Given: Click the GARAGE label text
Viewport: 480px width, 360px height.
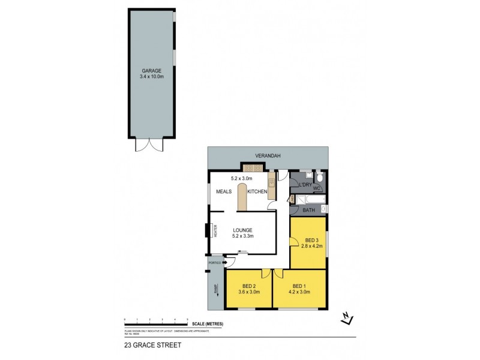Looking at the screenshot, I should [152, 71].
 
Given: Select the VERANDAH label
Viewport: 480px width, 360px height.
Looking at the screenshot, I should [268, 155].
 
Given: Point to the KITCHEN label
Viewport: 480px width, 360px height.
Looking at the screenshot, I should [257, 191].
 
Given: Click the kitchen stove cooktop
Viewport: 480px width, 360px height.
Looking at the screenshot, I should [248, 168].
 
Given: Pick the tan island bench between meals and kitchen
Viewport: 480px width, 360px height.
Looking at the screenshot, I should [242, 198].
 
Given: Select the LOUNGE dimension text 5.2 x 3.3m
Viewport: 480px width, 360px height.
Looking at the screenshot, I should [243, 236].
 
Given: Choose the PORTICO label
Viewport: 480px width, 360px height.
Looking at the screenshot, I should [215, 263].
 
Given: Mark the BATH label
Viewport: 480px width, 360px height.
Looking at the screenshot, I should [308, 210].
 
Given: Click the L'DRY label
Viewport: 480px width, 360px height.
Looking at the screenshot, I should [305, 185].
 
